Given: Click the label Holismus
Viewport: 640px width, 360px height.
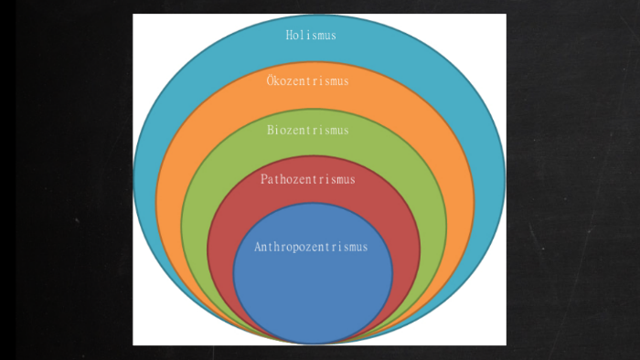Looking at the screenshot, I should coord(311,36).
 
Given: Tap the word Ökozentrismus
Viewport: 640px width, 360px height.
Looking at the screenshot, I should coord(308,80).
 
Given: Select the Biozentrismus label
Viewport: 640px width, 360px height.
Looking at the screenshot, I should coord(308,130).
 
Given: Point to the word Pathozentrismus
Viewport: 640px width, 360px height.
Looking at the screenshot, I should coord(307,179).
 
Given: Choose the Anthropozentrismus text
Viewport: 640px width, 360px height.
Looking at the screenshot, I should coord(311,247).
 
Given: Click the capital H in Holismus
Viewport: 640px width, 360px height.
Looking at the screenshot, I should coord(288,36).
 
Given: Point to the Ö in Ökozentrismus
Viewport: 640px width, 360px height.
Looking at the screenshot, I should coord(271,80).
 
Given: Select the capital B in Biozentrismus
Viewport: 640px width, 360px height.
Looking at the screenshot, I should coord(271,130).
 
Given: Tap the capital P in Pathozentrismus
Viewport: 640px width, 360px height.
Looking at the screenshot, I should coord(263,179).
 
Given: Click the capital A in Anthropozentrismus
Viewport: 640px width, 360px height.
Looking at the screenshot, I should coord(258,247).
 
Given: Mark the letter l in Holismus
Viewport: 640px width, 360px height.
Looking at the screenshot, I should coord(303,36).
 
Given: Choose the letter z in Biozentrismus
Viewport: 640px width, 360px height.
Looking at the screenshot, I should coord(293,131).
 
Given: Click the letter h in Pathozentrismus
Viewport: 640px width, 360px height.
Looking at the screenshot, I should coord(286,179).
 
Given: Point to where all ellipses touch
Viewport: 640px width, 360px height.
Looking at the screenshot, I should coord(315,344).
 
